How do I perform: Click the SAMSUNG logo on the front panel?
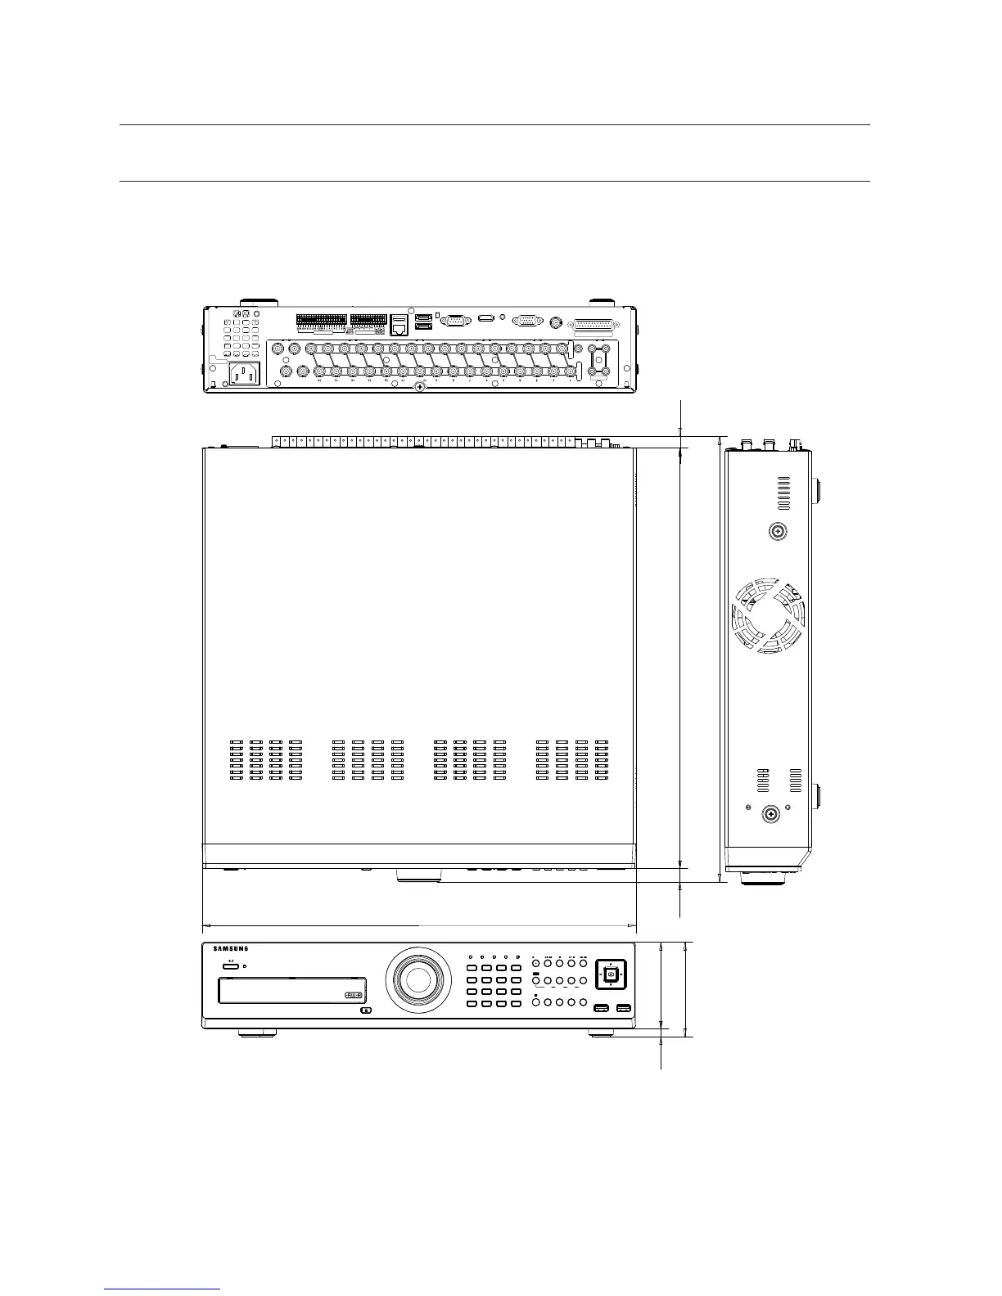pos(230,949)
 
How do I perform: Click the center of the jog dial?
pos(417,978)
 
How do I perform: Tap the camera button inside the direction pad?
pos(611,974)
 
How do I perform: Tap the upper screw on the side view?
pos(778,531)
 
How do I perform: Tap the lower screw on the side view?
pos(770,813)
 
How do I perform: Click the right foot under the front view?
pos(601,1033)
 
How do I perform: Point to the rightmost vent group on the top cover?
pos(572,760)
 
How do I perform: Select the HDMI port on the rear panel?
pos(486,318)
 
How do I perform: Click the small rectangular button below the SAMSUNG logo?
pos(230,965)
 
